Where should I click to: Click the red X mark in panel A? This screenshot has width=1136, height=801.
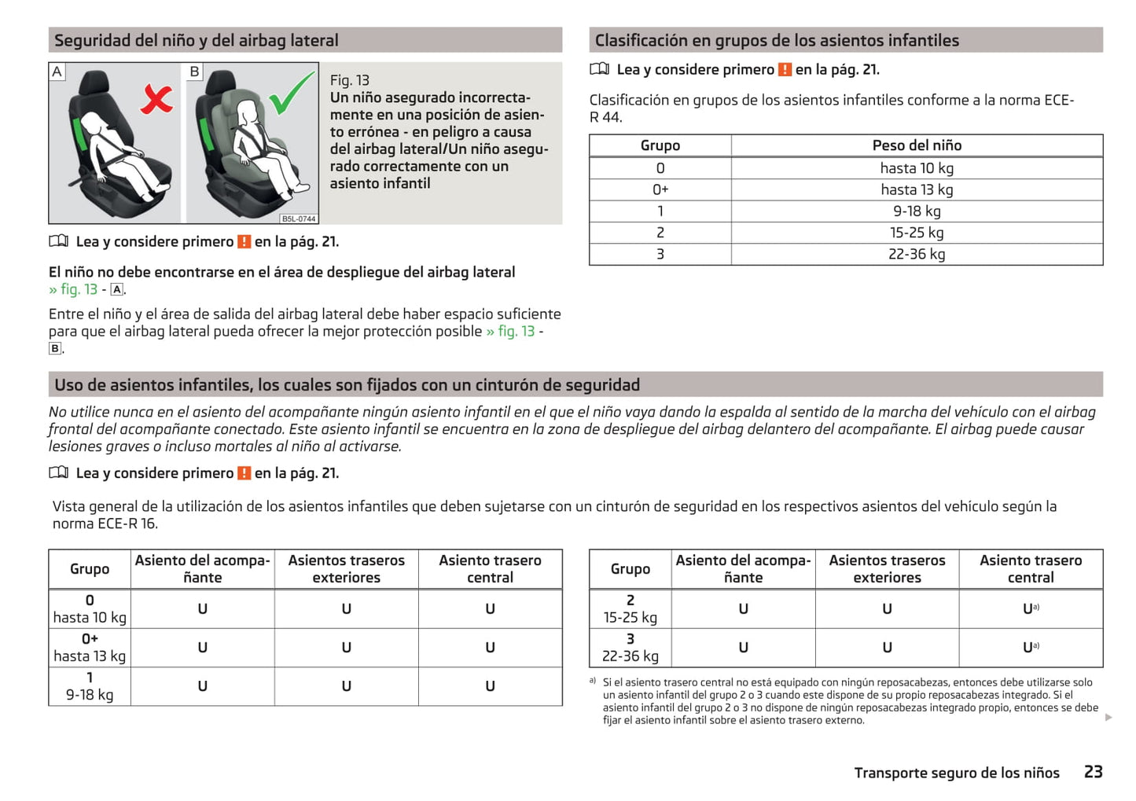[156, 99]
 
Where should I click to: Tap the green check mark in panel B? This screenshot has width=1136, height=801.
[292, 94]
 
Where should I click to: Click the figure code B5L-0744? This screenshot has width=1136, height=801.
[299, 219]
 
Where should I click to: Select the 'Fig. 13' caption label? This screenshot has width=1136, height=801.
[349, 80]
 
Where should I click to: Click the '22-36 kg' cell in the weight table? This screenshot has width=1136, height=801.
[917, 254]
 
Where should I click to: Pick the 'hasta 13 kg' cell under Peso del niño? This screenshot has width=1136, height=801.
[917, 189]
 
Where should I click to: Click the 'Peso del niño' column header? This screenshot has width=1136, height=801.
[917, 145]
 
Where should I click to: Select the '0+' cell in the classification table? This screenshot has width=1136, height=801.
[660, 189]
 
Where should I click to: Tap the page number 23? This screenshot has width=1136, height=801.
[1093, 772]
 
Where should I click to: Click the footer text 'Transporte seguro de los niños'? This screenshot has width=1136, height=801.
[957, 773]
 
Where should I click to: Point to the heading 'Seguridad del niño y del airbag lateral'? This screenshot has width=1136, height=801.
[197, 40]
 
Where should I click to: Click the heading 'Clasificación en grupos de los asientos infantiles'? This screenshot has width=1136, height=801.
[777, 40]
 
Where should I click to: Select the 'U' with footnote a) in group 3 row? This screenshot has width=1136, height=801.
[1030, 648]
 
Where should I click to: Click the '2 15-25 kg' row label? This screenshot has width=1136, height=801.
[630, 608]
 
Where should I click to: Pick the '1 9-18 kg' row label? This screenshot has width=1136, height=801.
[90, 686]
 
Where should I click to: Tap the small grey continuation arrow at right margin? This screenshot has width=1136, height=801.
[1108, 717]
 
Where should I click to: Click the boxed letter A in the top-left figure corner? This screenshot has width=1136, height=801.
[57, 72]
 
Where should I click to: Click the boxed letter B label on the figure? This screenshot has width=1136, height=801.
[195, 72]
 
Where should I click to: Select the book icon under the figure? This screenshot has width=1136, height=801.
[59, 241]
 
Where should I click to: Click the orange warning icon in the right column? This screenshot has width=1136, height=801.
[785, 70]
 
